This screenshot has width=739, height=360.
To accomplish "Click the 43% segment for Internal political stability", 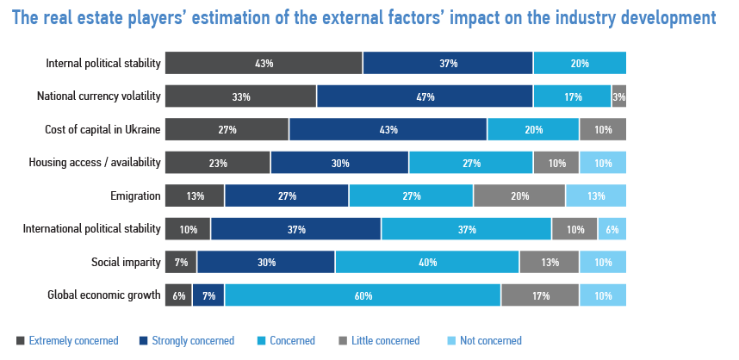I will point(264,64).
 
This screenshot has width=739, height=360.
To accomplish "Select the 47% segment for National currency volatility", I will point(425,96).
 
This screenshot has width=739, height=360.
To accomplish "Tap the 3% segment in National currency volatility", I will point(619,96).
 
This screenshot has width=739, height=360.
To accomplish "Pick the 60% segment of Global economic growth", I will point(363,295).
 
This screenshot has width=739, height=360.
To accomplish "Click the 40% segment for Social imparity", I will point(427,262).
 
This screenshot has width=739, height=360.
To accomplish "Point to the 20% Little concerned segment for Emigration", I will point(519,196).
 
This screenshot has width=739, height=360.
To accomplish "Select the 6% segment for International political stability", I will point(612,229).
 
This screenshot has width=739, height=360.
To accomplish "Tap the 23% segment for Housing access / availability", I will point(217,163).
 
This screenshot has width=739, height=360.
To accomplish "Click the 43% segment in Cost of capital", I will point(388,130).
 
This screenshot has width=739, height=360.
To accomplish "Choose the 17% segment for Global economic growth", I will point(540,295).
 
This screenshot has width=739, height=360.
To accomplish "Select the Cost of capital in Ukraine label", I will point(102,130).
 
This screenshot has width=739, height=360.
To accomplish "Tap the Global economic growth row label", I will point(104,295).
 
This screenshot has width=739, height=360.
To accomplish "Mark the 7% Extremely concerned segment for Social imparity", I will point(180,262).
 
